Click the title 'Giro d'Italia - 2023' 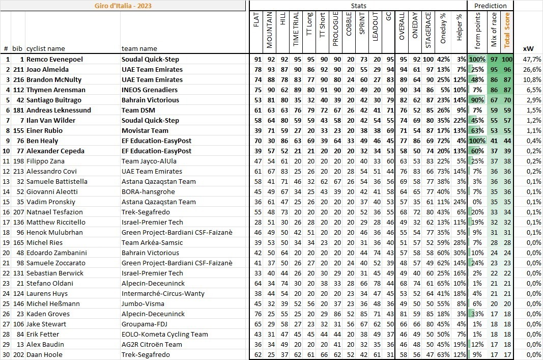tap(123, 6)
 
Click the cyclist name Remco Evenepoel tap(54, 59)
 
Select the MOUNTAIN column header tap(270, 30)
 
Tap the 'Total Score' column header tap(506, 30)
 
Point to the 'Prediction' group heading tap(490, 6)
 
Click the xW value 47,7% tap(531, 59)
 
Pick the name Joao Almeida tap(47, 69)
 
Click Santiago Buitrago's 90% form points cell tap(477, 100)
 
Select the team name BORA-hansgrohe tap(148, 191)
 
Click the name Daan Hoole tap(44, 354)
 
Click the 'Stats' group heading tap(358, 6)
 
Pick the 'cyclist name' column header tap(46, 48)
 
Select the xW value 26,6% tap(531, 69)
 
